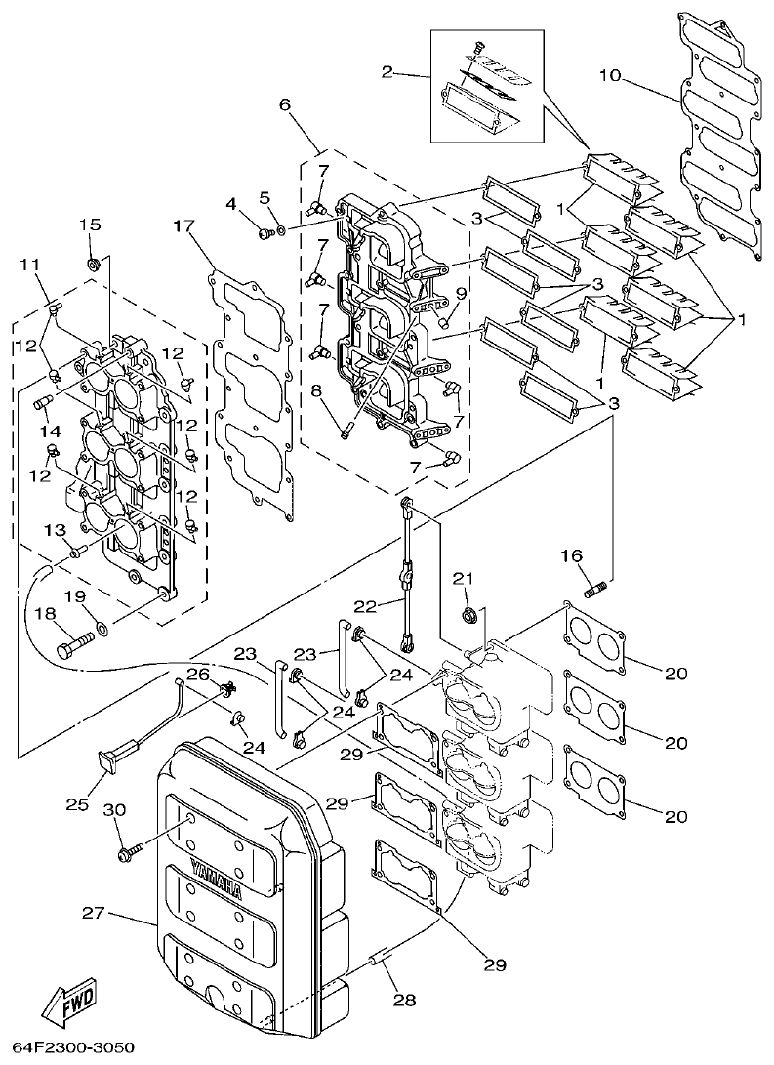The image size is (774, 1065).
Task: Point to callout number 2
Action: (x=387, y=72)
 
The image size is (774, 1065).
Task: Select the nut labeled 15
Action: (x=91, y=263)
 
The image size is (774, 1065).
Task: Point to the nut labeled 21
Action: (x=468, y=615)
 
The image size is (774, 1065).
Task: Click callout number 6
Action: (x=285, y=104)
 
